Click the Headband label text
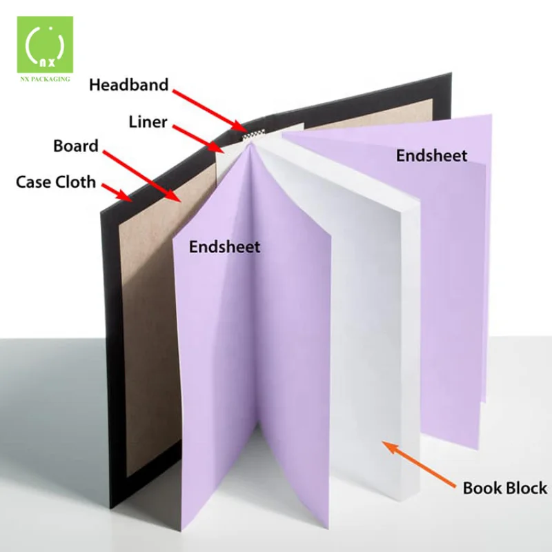pyautogui.click(x=128, y=85)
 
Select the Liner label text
pyautogui.click(x=148, y=122)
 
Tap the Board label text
pyautogui.click(x=76, y=146)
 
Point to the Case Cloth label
pyautogui.click(x=56, y=182)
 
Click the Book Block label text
pyautogui.click(x=505, y=489)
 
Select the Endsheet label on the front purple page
pyautogui.click(x=225, y=246)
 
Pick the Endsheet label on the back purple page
pyautogui.click(x=431, y=156)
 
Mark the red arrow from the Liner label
pyautogui.click(x=196, y=138)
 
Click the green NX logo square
pyautogui.click(x=45, y=45)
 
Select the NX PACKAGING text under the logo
pyautogui.click(x=46, y=79)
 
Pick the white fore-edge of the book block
pyautogui.click(x=400, y=345)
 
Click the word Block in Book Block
pyautogui.click(x=525, y=489)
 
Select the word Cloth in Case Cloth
pyautogui.click(x=77, y=182)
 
